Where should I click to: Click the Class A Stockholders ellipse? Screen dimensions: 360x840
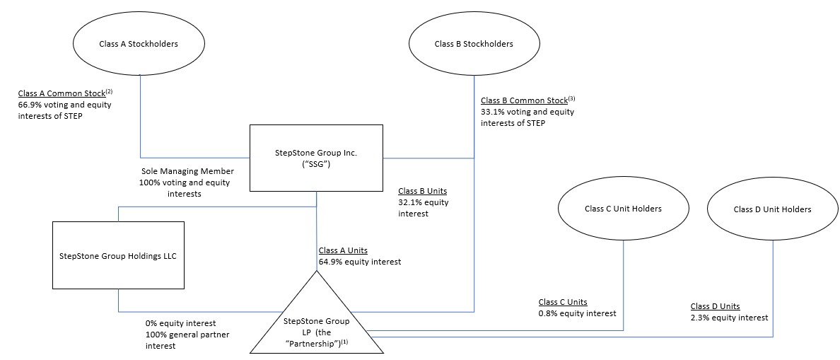click(139, 44)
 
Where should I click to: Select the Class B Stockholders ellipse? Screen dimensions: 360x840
click(473, 44)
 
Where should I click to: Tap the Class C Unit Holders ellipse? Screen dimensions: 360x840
click(623, 209)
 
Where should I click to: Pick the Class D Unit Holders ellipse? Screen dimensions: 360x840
click(772, 209)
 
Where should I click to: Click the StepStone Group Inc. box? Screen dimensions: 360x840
click(316, 158)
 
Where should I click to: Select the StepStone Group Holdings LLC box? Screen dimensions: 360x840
click(118, 255)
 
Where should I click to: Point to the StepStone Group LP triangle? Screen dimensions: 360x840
click(316, 323)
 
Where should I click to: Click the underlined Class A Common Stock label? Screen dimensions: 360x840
click(62, 93)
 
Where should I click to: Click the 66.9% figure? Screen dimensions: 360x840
click(31, 105)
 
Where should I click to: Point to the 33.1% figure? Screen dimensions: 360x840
click(494, 112)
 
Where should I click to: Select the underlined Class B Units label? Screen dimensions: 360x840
click(423, 191)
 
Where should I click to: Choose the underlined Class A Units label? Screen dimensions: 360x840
click(343, 250)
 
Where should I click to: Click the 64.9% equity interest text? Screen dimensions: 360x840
click(360, 262)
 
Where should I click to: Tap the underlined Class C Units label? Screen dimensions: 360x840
click(563, 302)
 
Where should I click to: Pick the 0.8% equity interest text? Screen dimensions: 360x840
click(577, 313)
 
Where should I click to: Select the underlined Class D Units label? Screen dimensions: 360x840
click(715, 306)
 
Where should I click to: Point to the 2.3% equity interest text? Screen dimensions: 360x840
click(729, 318)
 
